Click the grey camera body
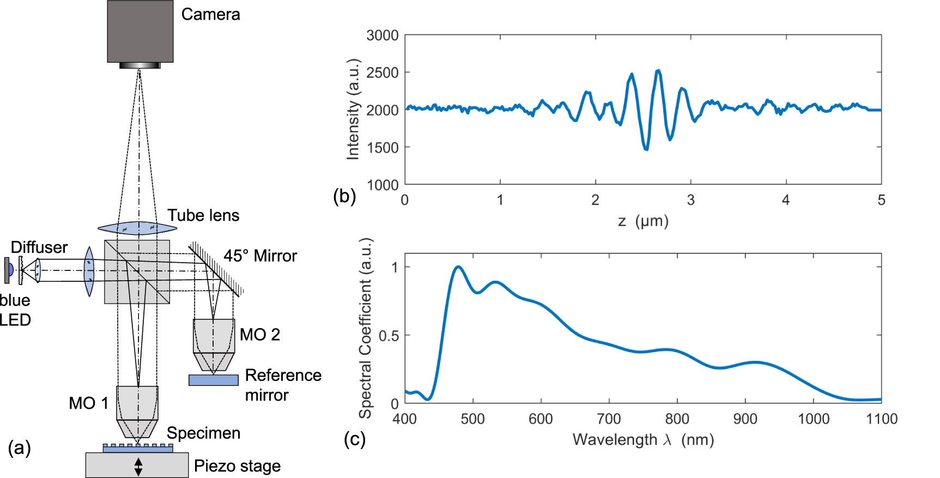140,31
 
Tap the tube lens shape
130,227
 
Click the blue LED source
9,270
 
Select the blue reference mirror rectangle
213,380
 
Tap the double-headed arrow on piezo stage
138,467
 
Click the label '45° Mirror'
260,256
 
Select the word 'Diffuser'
39,247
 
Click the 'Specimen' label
203,433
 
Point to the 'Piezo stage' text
237,466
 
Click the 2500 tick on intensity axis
383,72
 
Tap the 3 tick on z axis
690,200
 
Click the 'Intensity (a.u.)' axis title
353,109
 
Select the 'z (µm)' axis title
643,221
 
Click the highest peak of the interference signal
658,70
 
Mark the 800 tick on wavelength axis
677,419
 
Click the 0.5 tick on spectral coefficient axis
389,336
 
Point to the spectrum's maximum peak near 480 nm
458,267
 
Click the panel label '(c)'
355,439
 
